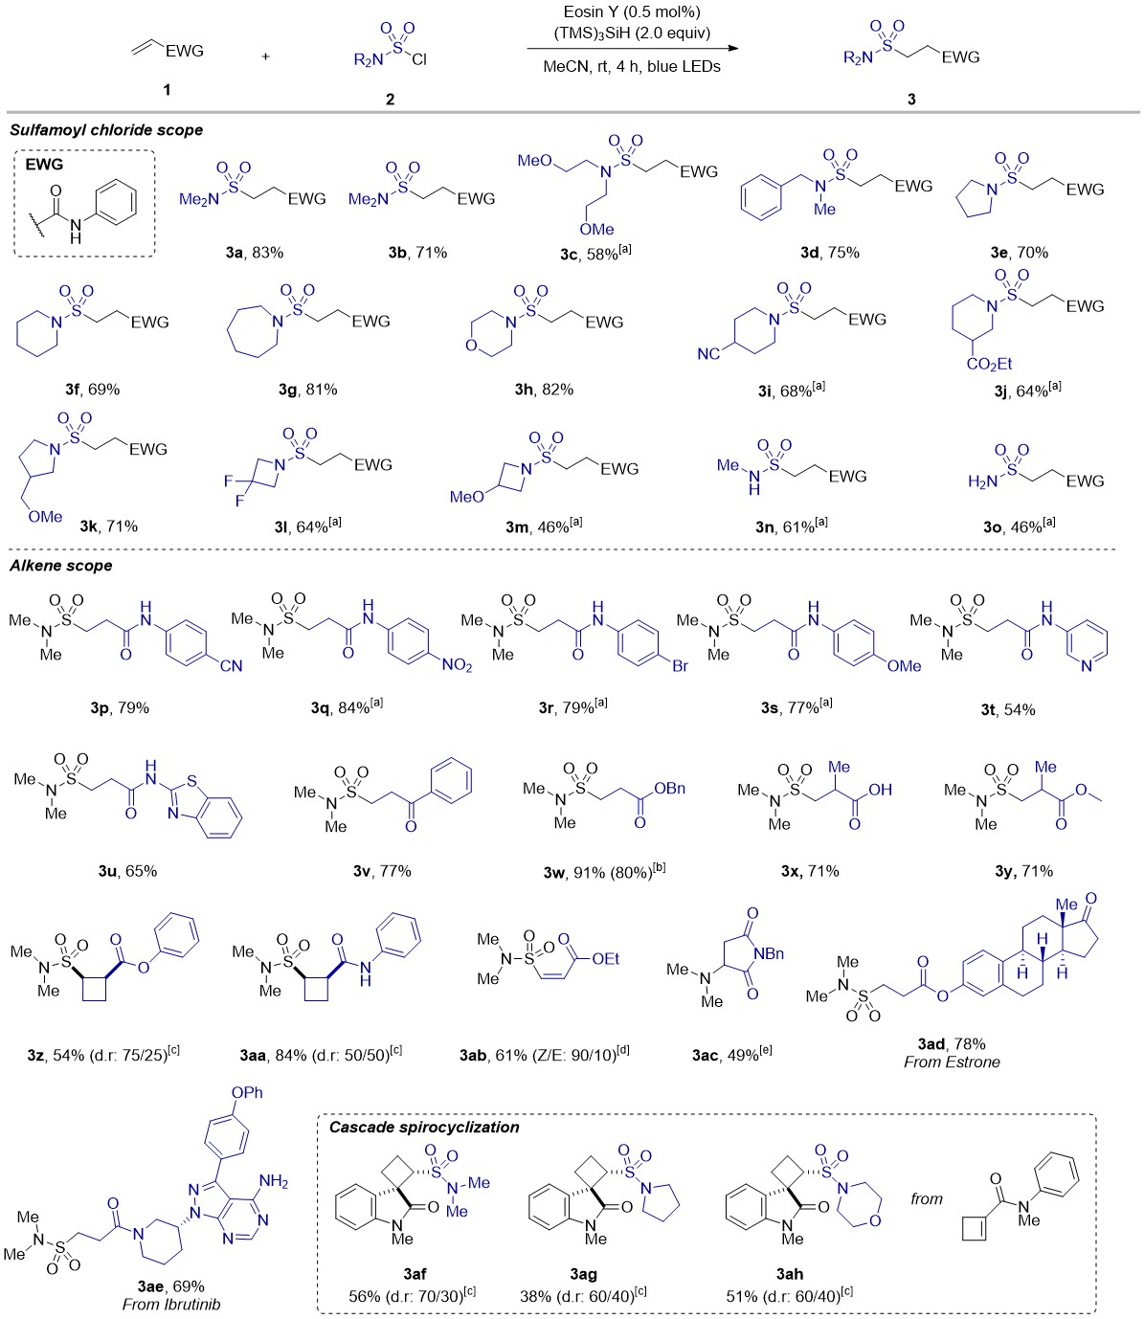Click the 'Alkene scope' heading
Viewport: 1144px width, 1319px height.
point(61,566)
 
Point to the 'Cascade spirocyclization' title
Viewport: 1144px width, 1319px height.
point(423,1127)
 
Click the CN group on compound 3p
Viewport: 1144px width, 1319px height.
point(230,666)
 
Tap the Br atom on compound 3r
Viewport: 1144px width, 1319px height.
point(679,666)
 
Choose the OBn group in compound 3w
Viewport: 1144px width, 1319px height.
point(667,790)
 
